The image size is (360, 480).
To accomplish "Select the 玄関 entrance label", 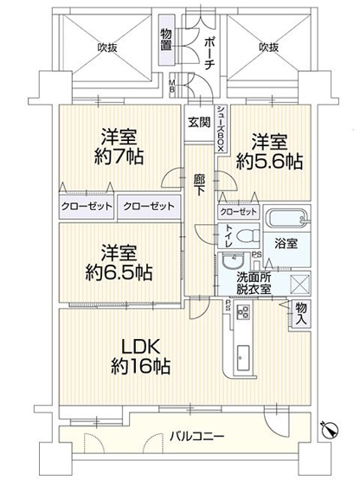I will tap(198, 121).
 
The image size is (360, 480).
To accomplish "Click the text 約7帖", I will tap(121, 157).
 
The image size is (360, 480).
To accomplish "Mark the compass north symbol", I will tap(329, 430).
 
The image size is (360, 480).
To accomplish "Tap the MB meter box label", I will tap(171, 86).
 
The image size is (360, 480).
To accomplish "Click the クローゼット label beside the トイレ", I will tap(237, 212).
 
